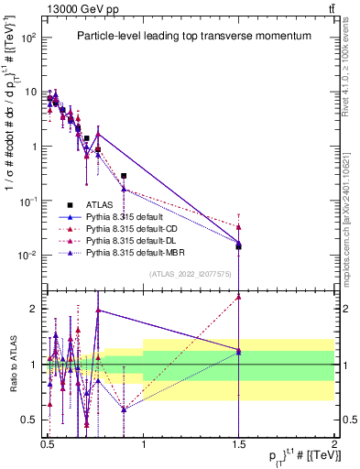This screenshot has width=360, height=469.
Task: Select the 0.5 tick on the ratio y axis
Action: click(x=31, y=419)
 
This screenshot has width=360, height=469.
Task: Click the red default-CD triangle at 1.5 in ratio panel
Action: click(x=238, y=296)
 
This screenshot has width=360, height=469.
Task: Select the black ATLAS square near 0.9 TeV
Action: click(x=124, y=176)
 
